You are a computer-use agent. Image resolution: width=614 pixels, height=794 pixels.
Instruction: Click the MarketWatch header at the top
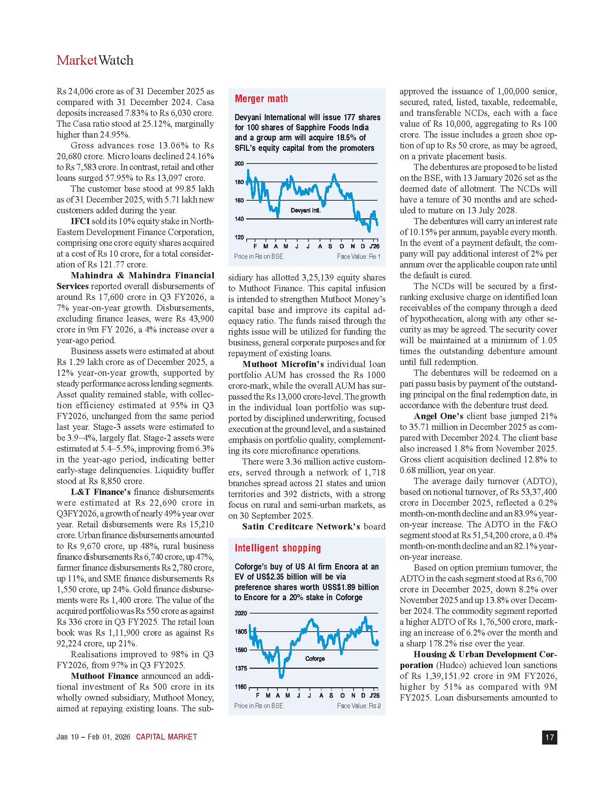coord(95,60)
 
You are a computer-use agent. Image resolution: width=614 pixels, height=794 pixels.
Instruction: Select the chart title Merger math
coord(261,99)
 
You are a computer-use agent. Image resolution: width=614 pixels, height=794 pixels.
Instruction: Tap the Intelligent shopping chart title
coord(277,548)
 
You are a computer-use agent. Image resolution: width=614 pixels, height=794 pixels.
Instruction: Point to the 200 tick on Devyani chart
coord(239,163)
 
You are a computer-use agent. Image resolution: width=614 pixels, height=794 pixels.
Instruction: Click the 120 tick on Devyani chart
coord(239,237)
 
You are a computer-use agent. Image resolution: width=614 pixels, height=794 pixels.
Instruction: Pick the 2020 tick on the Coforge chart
coord(241,613)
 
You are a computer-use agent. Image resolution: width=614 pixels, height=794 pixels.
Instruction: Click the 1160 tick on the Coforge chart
coord(241,687)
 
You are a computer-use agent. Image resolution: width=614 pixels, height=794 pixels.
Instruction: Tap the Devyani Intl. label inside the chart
coord(306,210)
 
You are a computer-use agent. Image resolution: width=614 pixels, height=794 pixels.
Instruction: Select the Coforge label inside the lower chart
coord(315,659)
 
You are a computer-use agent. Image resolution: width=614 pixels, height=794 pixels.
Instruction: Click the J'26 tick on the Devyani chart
coord(374,247)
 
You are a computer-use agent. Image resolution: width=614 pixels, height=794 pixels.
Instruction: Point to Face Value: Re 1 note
coord(358,257)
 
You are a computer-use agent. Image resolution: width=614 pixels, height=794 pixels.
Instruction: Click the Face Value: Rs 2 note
coord(359,706)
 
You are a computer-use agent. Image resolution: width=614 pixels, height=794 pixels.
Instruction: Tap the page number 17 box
coord(549,737)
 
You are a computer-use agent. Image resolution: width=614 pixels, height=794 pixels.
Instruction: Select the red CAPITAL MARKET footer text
coord(166,737)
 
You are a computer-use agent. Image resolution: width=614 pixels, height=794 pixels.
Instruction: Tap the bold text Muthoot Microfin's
coord(283,364)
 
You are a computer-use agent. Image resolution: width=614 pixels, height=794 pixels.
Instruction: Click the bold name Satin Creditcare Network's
coord(301,527)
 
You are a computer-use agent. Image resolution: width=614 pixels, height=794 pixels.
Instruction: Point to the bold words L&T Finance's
coord(101,492)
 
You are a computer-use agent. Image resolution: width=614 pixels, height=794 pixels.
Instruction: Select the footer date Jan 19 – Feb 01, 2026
coord(94,737)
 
